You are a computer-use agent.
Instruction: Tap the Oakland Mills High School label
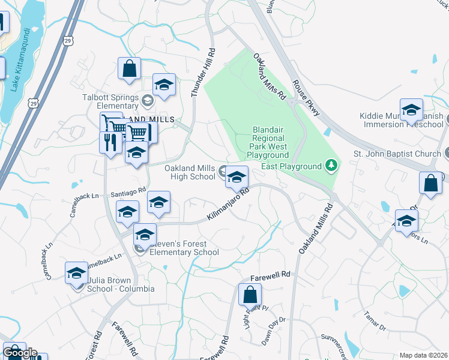tap(190, 172)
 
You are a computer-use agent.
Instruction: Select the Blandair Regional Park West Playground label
tap(268, 142)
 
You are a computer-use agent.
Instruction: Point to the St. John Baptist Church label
tap(397, 154)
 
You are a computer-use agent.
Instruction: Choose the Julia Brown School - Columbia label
tap(117, 284)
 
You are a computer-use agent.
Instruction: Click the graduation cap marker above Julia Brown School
tap(76, 273)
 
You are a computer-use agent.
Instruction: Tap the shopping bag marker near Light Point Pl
tap(250, 295)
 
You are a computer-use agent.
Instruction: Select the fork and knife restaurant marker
tap(109, 143)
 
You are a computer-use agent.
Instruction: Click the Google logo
tap(20, 353)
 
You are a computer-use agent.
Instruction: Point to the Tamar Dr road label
tap(375, 322)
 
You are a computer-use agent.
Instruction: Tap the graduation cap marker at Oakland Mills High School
tap(237, 176)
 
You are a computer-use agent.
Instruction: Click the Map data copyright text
tap(423, 355)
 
